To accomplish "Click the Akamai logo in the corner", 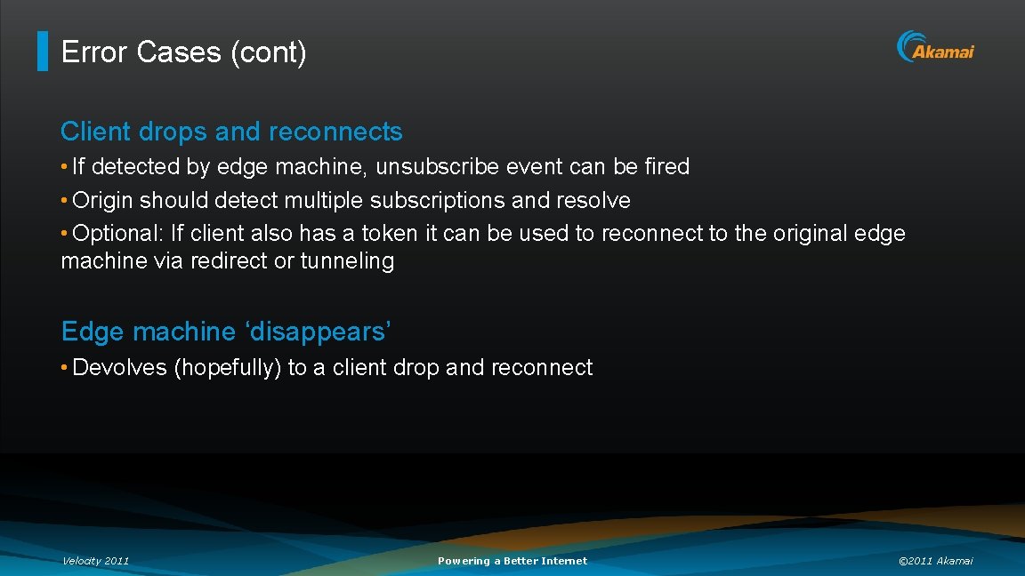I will (x=935, y=47).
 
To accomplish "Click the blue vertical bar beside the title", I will (x=42, y=52).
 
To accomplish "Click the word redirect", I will (x=229, y=261).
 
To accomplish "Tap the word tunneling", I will (x=347, y=261).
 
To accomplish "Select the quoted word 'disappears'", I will (x=318, y=332).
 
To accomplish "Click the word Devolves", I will (x=119, y=367).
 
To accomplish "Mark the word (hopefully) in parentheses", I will (x=227, y=367).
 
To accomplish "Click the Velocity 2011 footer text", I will (x=95, y=561).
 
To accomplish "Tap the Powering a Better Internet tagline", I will (x=512, y=561).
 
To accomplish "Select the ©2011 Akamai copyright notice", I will (x=935, y=561).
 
